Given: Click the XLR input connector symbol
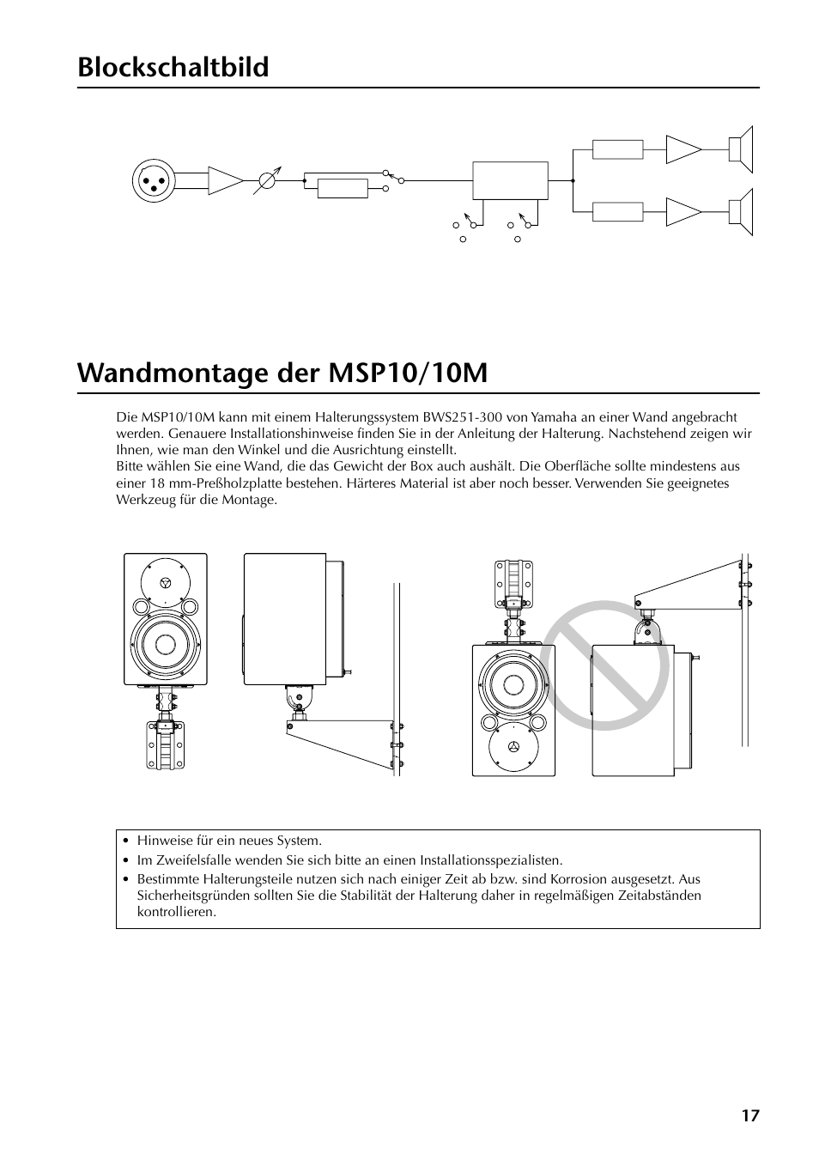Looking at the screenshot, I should pos(154,181).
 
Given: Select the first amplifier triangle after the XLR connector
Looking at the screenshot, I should pos(225,181).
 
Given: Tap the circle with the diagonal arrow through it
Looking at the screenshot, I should pos(268,181).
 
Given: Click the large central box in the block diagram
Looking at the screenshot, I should pos(510,181).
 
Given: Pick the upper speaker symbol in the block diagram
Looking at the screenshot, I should pos(741,149).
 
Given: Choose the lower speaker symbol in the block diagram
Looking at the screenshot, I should pos(741,211).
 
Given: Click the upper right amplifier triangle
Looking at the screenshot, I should pos(683,149).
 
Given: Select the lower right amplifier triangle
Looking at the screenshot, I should pos(683,211).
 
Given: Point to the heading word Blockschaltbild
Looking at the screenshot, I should pos(173,67).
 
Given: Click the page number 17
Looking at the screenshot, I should pos(751,1116).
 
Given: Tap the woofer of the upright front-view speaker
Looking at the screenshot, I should pos(164,645).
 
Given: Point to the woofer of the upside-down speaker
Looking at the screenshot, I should pos(513,685).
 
